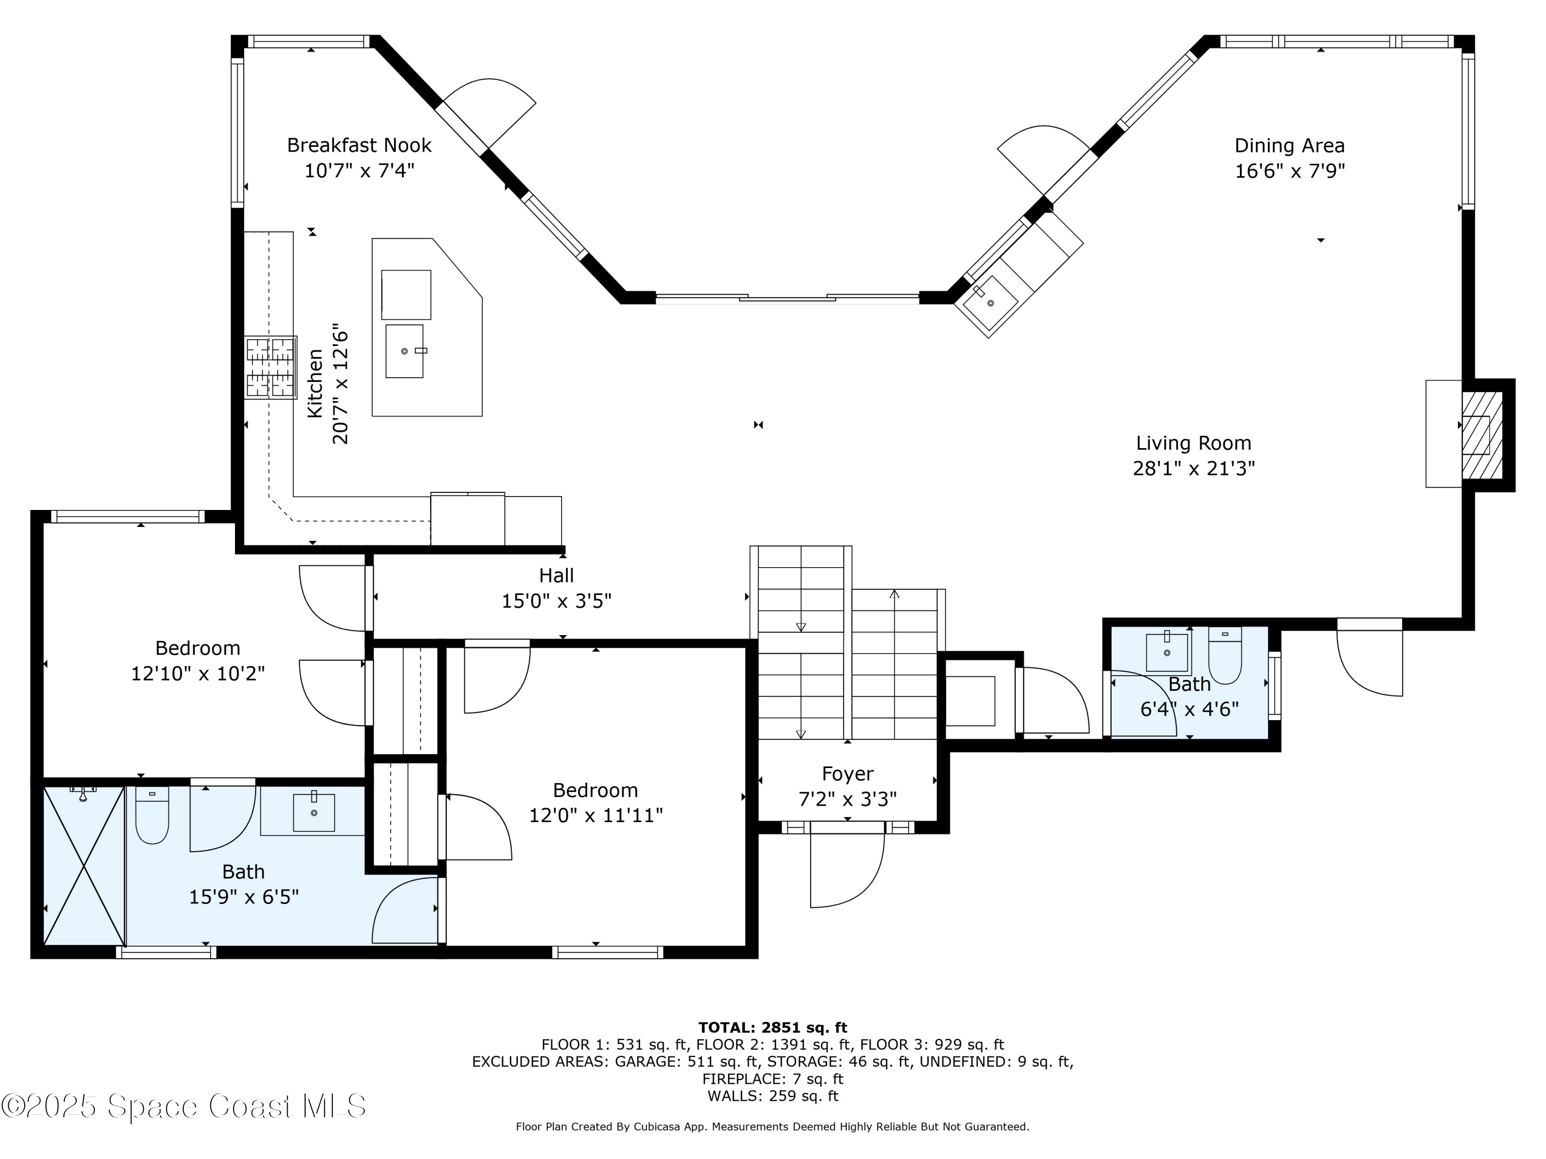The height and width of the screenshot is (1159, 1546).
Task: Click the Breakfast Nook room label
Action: point(359,145)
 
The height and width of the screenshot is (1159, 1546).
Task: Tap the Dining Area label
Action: point(1289,145)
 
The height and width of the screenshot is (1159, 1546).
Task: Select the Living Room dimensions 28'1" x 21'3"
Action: point(1194,468)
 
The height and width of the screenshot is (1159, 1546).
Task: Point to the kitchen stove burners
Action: point(271,367)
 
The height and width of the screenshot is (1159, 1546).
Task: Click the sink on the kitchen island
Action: point(405,351)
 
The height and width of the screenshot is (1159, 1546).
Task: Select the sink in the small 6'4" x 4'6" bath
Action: point(1167,653)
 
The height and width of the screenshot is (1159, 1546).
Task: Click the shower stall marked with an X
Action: point(84,865)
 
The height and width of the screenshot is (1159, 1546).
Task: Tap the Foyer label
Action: point(848,774)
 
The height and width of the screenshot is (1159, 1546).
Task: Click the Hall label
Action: point(557,576)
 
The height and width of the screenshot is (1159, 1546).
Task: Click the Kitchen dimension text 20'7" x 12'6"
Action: point(340,384)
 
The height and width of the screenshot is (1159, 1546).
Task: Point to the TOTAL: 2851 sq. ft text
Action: point(772,1028)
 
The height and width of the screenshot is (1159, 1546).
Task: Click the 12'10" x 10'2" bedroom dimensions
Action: point(198,673)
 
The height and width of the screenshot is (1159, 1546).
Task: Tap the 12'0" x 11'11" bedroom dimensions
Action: point(596,815)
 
